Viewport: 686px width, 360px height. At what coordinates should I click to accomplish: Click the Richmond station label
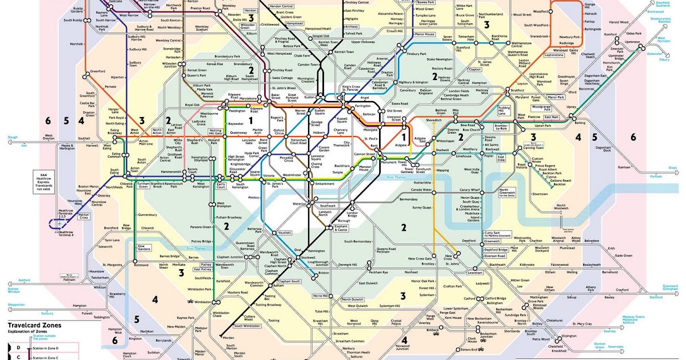pyautogui.click(x=141, y=265)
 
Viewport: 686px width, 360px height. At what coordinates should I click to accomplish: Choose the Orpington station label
pyautogui.click(x=569, y=336)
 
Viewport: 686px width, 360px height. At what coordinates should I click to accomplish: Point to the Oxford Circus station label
pyautogui.click(x=280, y=133)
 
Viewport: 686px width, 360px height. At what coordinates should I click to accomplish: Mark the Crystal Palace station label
pyautogui.click(x=396, y=323)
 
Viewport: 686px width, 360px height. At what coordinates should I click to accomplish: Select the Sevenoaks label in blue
pyautogui.click(x=615, y=346)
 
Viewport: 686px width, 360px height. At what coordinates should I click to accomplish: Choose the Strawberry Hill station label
pyautogui.click(x=117, y=295)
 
